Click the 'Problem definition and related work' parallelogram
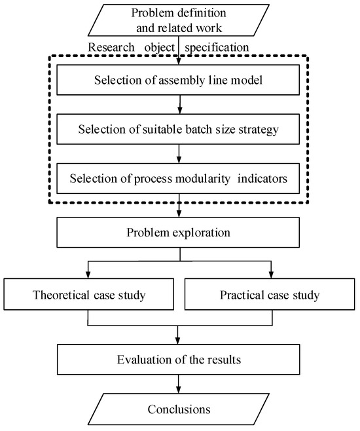pyautogui.click(x=179, y=20)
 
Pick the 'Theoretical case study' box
pyautogui.click(x=90, y=295)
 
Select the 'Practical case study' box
pyautogui.click(x=270, y=295)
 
